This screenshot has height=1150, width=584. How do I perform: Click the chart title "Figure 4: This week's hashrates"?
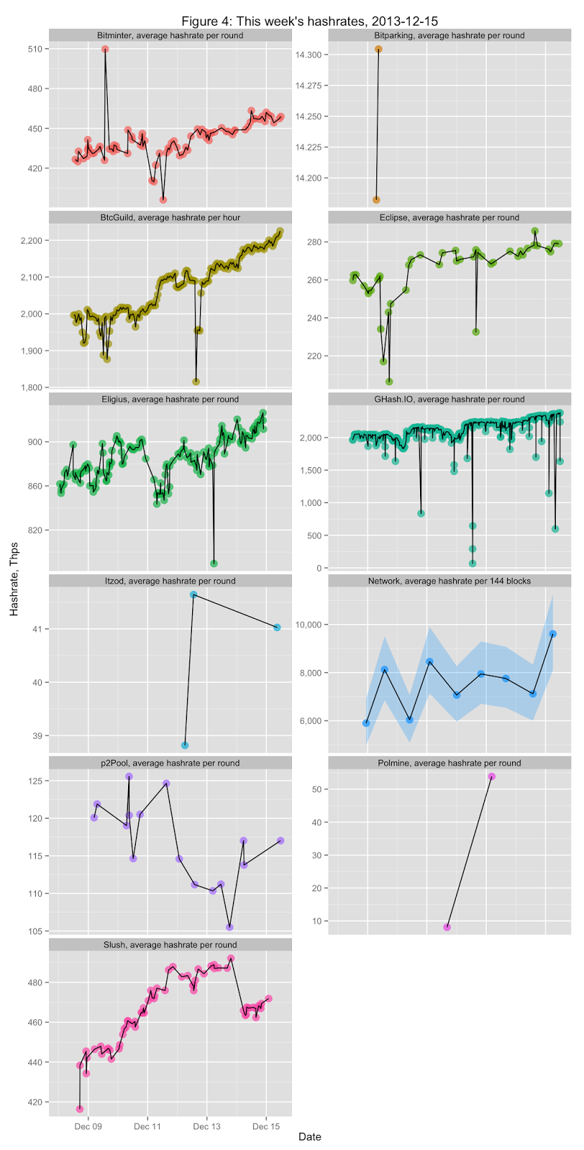point(309,21)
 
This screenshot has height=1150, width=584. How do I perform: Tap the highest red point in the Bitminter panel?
point(105,49)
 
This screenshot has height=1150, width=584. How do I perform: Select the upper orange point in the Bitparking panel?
point(378,49)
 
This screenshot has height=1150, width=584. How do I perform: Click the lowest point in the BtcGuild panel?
point(196,382)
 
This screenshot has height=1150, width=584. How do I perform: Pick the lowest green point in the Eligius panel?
point(214,563)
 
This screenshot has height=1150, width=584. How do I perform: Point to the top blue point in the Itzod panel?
point(193,594)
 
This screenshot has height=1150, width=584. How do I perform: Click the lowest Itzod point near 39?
point(185,745)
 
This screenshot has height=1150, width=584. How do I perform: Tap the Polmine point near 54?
point(491,776)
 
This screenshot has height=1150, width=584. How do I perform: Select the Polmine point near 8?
point(447,927)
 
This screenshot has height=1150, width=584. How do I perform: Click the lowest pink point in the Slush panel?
point(80,1109)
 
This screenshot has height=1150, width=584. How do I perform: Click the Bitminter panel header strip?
point(170,35)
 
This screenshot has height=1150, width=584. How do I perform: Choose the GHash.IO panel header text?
point(450,399)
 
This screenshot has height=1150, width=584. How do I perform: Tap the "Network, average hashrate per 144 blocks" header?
point(450,581)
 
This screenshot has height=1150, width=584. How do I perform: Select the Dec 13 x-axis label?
point(206,1127)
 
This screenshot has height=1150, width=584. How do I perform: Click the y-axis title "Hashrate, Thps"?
point(14,579)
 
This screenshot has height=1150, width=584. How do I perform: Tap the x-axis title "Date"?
point(309,1137)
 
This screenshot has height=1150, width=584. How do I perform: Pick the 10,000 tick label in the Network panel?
point(307,625)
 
